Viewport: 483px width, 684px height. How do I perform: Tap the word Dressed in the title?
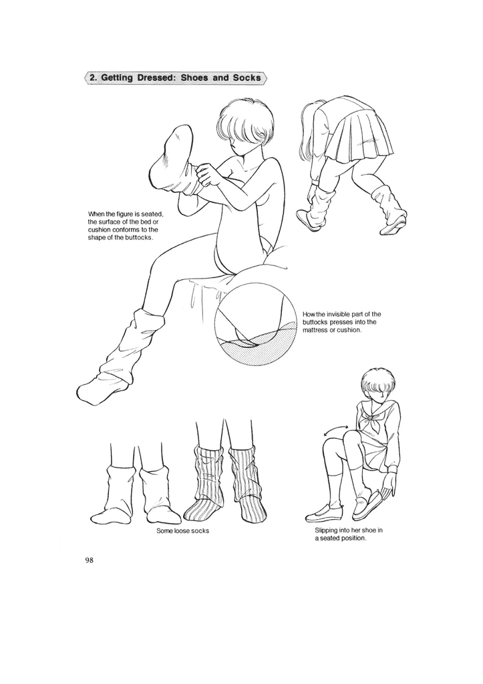click(x=161, y=78)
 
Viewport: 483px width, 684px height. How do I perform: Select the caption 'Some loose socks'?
click(x=182, y=530)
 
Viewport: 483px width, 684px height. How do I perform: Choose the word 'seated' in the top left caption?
click(x=148, y=213)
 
